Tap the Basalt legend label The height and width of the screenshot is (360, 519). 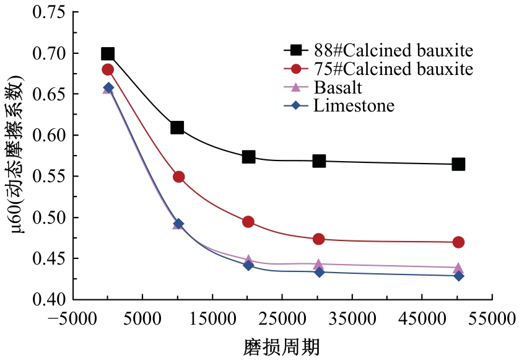pos(338,87)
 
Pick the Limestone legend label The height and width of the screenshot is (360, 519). pos(354,105)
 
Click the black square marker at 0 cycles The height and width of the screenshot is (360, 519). pos(108,54)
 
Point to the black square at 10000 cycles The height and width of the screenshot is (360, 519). pos(177,128)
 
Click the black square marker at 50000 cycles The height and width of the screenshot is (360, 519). pos(458,164)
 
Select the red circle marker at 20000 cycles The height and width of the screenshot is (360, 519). pos(248,222)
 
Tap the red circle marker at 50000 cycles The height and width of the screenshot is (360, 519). pos(458,242)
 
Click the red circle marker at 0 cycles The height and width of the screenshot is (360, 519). pos(108,69)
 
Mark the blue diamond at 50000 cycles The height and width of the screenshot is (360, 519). pos(458,276)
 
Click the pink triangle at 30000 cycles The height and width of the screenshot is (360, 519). pos(318,265)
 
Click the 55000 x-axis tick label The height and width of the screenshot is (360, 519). pos(493,319)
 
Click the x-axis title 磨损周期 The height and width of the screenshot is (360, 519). pos(282,346)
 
